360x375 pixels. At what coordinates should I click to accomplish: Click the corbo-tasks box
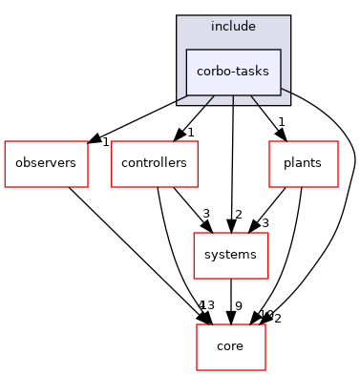click(x=233, y=72)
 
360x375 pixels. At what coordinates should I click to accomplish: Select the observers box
click(x=46, y=164)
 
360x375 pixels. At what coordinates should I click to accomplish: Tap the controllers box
click(x=154, y=164)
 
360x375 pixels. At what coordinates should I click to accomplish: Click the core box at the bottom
click(x=230, y=346)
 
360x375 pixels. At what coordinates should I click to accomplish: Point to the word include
click(x=233, y=27)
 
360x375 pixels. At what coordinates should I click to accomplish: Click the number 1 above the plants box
click(x=282, y=122)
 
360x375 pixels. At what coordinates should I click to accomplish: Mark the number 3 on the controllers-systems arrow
click(x=204, y=214)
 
